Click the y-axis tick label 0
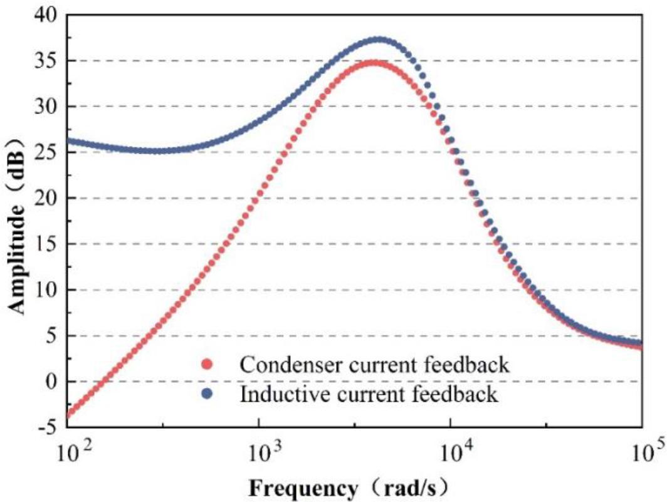pyautogui.click(x=55, y=381)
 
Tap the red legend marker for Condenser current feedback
pyautogui.click(x=207, y=365)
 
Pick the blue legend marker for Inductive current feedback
pyautogui.click(x=207, y=395)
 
